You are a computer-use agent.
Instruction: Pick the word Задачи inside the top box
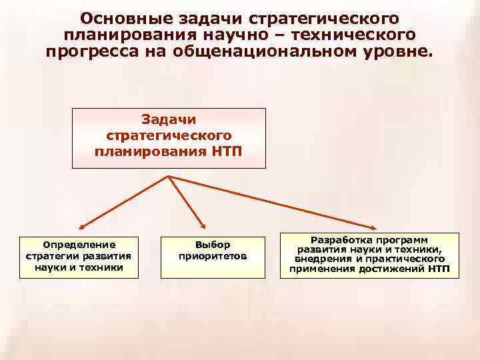click(169, 120)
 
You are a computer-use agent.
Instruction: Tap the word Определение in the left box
click(79, 245)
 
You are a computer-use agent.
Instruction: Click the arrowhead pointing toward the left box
click(80, 227)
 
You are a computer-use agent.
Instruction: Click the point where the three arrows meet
click(169, 175)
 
